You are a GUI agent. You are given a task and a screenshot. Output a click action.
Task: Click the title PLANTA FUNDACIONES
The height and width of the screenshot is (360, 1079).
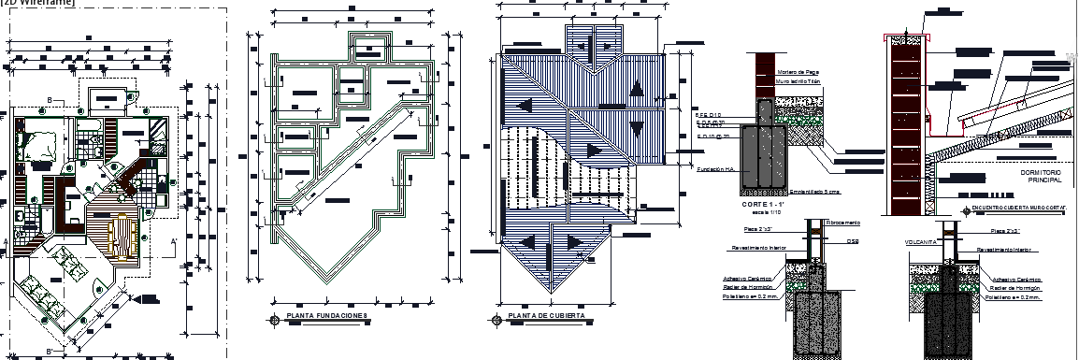tap(326, 317)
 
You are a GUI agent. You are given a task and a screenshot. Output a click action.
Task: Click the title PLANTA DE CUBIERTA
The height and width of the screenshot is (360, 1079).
tap(546, 317)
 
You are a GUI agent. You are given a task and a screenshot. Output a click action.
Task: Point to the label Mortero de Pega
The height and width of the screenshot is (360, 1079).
tap(798, 72)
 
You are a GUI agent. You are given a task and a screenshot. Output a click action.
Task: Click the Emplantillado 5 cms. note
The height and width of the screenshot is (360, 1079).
tap(815, 192)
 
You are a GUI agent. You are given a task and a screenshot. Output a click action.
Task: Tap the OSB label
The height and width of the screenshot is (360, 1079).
tap(853, 239)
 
